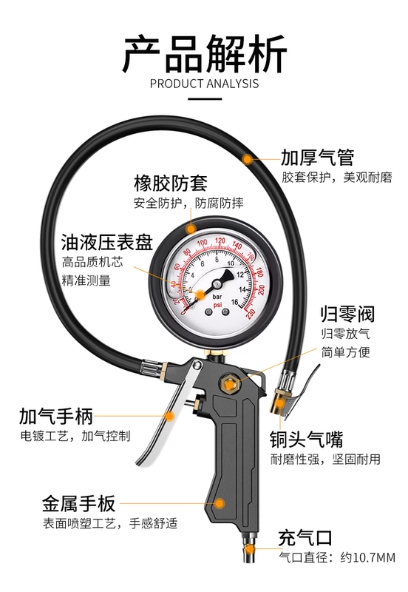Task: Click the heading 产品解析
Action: point(204,53)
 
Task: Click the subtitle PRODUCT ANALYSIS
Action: point(205,84)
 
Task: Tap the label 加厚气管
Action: point(318,158)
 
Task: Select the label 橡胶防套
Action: point(171,183)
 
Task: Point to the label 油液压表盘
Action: point(107,242)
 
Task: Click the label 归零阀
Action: point(347,314)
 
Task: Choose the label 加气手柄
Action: point(56,417)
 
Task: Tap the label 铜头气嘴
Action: point(306,439)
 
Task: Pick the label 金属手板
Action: point(78,503)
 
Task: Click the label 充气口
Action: point(305,538)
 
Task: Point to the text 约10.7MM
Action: point(367,557)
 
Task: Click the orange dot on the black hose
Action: point(248,159)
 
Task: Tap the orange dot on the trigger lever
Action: point(171,417)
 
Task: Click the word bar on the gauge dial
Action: point(217,297)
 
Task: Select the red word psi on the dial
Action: point(217,304)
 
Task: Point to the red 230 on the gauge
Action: point(251,314)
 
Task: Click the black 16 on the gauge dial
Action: point(234,302)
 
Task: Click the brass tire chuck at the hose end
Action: point(279,403)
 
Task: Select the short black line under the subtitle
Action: point(205,99)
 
